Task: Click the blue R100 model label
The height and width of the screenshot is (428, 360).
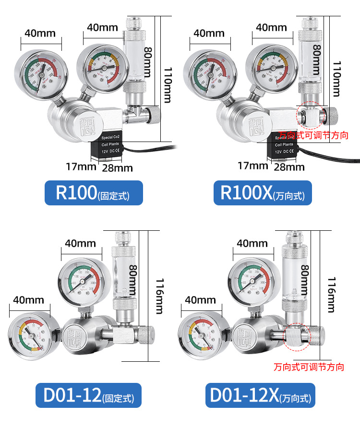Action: pyautogui.click(x=94, y=192)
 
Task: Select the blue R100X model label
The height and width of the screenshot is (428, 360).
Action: pyautogui.click(x=263, y=192)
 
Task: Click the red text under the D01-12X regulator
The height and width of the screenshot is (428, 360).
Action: pyautogui.click(x=309, y=367)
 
